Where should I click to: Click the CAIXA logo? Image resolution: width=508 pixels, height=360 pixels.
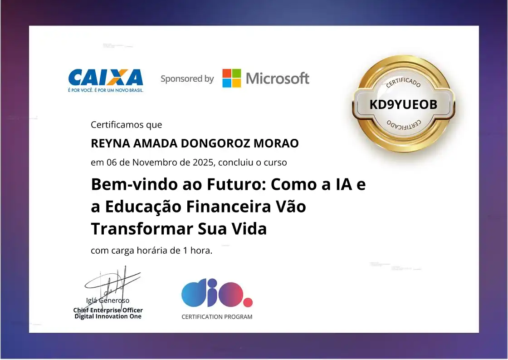(x=105, y=78)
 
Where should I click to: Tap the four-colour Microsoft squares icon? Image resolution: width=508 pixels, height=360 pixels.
(x=231, y=78)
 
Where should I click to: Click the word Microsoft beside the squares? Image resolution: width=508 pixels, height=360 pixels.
(x=278, y=79)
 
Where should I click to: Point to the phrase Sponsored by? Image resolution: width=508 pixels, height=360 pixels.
(x=187, y=79)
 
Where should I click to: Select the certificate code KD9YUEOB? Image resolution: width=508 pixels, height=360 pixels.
(x=403, y=104)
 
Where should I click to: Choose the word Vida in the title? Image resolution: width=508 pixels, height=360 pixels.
(x=249, y=228)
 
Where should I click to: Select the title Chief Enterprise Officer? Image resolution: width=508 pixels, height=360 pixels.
(x=108, y=310)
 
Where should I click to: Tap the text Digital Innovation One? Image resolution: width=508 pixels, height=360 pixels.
(x=108, y=316)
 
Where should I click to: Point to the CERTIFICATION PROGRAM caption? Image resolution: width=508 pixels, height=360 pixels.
(x=217, y=317)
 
